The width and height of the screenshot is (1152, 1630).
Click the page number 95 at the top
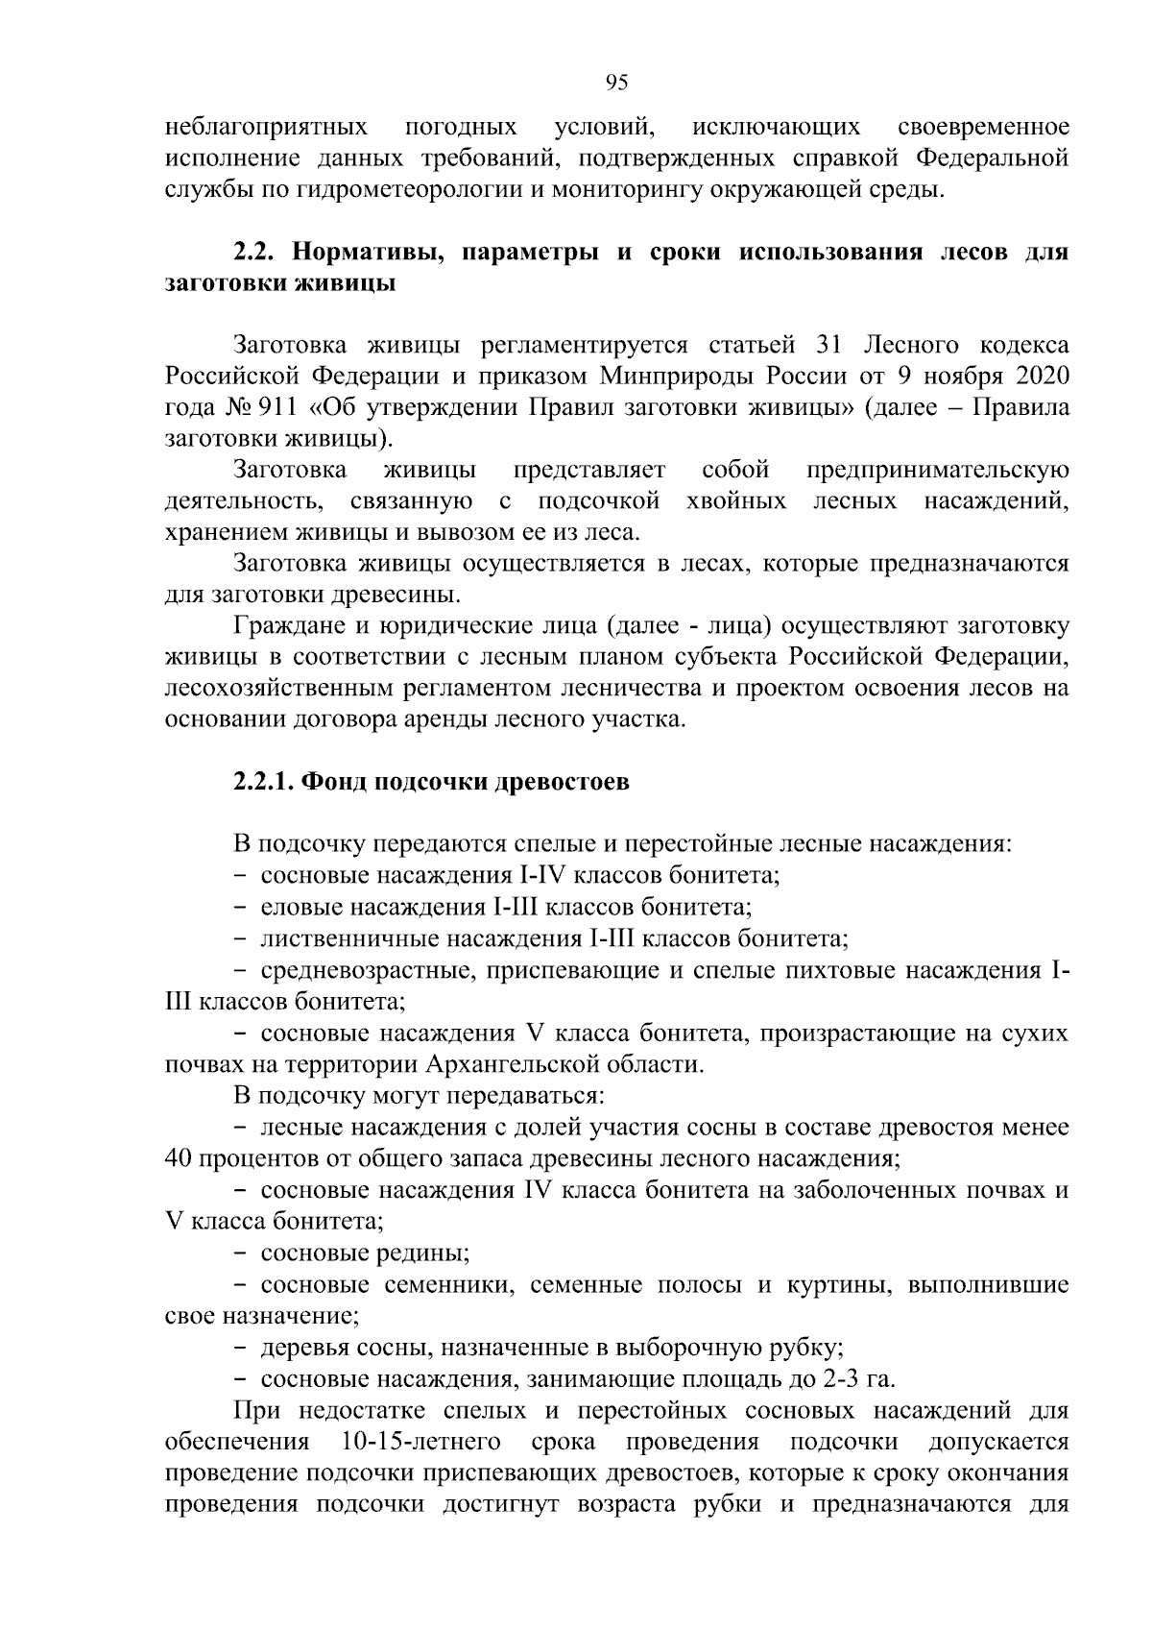point(616,83)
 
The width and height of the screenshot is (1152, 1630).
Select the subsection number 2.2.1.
point(263,783)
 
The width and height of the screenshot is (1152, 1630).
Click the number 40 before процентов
point(179,1158)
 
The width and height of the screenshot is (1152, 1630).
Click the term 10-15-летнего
point(421,1443)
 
